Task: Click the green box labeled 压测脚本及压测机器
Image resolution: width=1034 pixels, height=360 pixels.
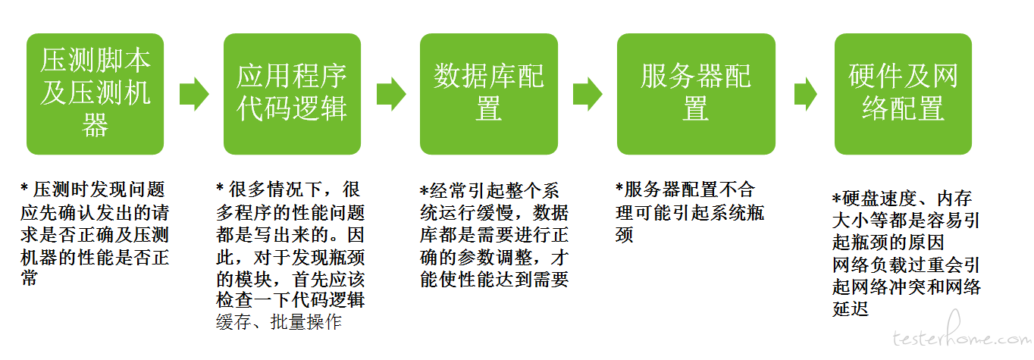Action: point(95,94)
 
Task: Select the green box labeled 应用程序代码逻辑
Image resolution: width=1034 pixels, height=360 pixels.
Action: point(292,94)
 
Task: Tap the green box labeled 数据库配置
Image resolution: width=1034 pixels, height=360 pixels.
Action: point(489,94)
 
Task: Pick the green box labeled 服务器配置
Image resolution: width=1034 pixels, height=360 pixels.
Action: point(696,94)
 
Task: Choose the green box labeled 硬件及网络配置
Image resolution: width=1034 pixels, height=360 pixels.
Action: point(904,94)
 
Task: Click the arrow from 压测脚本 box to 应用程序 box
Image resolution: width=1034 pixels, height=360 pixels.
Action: point(194,94)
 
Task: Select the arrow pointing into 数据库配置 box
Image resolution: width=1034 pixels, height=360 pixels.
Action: point(391,94)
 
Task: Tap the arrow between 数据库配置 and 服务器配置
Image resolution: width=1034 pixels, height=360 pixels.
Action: point(587,94)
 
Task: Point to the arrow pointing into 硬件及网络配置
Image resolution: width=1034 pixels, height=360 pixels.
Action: point(806,94)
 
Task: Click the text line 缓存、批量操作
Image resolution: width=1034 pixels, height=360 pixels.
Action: point(279,322)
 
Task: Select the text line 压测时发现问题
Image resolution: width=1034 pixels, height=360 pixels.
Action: point(92,189)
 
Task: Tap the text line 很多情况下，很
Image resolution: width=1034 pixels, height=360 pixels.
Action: point(289,189)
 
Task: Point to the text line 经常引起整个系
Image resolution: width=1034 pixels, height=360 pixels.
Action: point(489,190)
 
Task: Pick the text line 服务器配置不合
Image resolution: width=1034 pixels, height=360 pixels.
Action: point(685,189)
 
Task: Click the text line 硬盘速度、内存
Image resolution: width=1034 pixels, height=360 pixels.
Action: point(902,199)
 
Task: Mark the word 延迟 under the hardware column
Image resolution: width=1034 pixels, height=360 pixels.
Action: point(851,308)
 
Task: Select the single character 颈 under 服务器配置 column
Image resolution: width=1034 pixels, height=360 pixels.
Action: point(624,235)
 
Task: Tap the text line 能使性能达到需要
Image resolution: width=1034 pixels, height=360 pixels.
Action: point(494,279)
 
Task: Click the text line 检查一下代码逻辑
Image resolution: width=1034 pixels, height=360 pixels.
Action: point(291,300)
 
